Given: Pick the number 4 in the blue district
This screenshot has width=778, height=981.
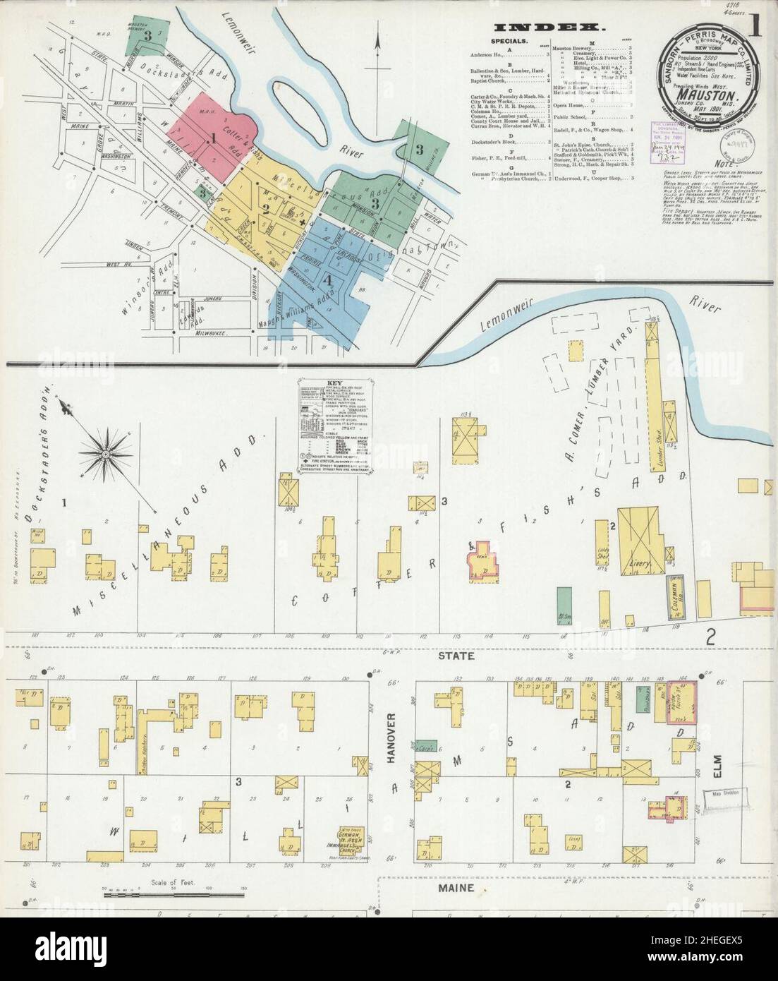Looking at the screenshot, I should pos(327,279).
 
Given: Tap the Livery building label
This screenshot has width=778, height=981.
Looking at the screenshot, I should pos(630,562).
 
